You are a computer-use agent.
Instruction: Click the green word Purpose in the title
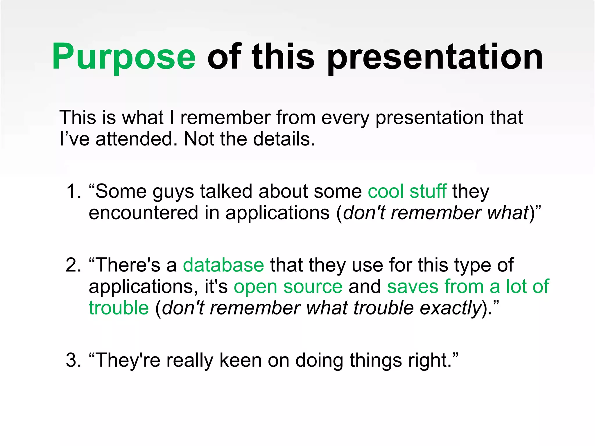tap(124, 57)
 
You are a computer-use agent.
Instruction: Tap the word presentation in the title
tap(435, 57)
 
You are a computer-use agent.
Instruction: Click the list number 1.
tap(73, 191)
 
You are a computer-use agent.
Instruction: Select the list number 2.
tap(73, 265)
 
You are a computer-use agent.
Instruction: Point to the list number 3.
tap(73, 360)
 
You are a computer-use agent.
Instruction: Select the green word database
tap(223, 265)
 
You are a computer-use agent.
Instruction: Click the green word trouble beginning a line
tap(119, 308)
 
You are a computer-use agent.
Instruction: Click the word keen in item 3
tap(240, 360)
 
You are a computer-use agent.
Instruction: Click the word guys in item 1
tap(173, 192)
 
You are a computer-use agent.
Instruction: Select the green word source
tap(313, 287)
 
